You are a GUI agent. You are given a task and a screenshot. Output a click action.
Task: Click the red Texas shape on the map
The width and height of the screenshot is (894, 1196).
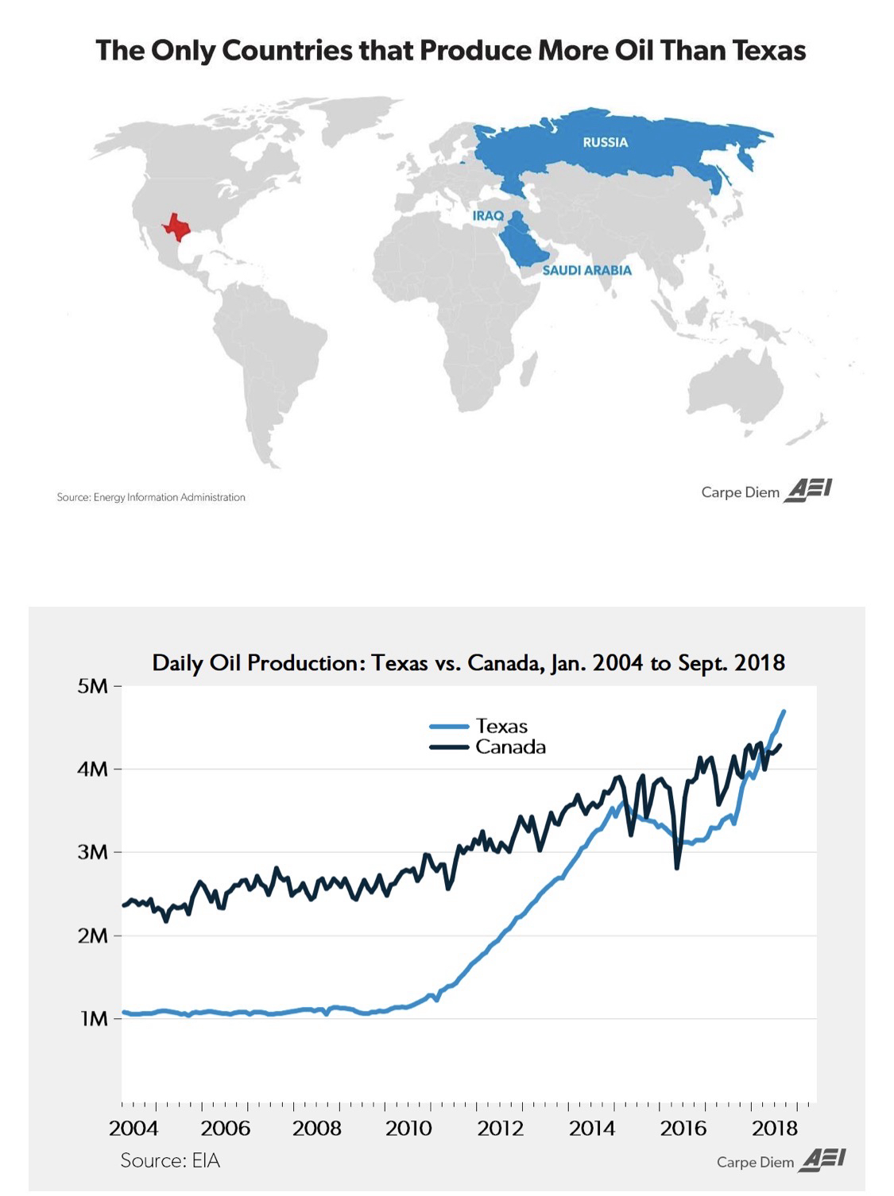[x=176, y=226]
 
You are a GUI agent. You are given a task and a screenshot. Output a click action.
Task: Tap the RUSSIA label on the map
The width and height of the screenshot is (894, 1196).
[x=605, y=142]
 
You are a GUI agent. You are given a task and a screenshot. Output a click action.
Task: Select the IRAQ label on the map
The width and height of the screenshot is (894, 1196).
[x=488, y=215]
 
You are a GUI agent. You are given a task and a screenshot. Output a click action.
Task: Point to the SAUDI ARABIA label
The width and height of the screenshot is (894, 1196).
[x=586, y=270]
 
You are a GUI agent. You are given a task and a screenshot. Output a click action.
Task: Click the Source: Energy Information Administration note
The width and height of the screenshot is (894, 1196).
[x=151, y=497]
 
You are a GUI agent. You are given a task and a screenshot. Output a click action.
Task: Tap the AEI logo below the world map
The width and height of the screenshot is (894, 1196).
[x=808, y=490]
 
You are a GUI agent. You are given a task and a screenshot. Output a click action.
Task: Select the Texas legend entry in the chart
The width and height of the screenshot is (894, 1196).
[x=501, y=726]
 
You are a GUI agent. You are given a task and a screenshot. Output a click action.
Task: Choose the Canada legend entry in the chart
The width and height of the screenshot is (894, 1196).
[x=510, y=747]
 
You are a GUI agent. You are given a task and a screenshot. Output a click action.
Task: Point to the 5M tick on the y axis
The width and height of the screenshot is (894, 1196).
[x=93, y=686]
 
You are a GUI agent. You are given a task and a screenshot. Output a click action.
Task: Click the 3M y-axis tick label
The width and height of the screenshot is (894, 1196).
[x=93, y=852]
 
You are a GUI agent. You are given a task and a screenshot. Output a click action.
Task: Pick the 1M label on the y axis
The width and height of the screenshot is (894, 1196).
[x=95, y=1018]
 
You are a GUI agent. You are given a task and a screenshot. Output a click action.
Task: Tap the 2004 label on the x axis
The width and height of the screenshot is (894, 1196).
[x=134, y=1128]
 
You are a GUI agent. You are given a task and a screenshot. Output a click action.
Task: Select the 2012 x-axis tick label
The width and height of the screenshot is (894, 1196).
[x=501, y=1128]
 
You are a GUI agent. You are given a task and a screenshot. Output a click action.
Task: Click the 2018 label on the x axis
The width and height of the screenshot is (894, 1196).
[x=775, y=1128]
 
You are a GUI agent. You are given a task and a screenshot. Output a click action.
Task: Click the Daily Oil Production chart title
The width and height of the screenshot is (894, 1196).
[x=468, y=662]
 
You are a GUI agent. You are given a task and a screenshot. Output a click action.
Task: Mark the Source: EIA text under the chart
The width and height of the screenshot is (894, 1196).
[x=170, y=1160]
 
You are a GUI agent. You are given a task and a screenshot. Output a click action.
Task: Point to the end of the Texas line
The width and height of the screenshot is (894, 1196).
[x=784, y=712]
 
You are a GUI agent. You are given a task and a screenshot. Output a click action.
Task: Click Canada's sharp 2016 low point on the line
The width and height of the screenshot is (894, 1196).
[x=677, y=868]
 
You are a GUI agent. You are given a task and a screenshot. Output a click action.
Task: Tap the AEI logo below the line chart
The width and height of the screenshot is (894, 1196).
[x=822, y=1159]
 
